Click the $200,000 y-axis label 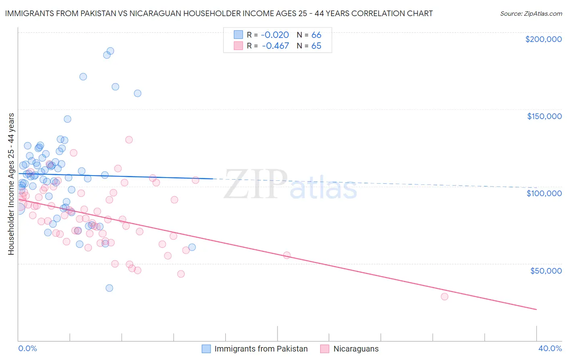click(x=543, y=39)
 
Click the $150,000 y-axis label click(x=544, y=116)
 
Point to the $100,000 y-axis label click(x=544, y=193)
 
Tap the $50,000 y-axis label click(x=546, y=270)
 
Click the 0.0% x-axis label click(x=27, y=348)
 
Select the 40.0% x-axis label click(x=550, y=348)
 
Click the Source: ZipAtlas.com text click(x=531, y=14)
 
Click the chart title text click(x=219, y=13)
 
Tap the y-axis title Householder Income click(x=11, y=184)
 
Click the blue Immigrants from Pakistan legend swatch click(x=206, y=349)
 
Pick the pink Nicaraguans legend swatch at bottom click(x=325, y=349)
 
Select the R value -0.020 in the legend click(x=275, y=35)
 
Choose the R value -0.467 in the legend click(x=275, y=46)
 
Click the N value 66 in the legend click(x=316, y=35)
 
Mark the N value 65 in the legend click(x=316, y=46)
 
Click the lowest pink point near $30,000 click(x=444, y=297)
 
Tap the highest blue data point click(x=110, y=51)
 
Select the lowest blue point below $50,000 click(x=109, y=288)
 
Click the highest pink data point click(x=129, y=140)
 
